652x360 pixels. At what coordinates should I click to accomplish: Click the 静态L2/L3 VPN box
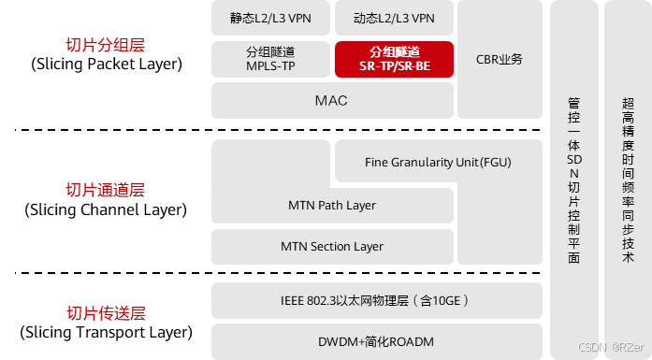pyautogui.click(x=271, y=18)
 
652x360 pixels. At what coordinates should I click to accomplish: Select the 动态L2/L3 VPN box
pyautogui.click(x=394, y=18)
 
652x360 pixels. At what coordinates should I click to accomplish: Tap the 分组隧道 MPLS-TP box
pyautogui.click(x=271, y=59)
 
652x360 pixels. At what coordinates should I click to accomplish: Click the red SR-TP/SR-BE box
pyautogui.click(x=394, y=59)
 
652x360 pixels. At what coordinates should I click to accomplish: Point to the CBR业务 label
pyautogui.click(x=499, y=60)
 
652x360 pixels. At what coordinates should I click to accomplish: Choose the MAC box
pyautogui.click(x=332, y=101)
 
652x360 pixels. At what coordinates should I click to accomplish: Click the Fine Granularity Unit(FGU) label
pyautogui.click(x=438, y=163)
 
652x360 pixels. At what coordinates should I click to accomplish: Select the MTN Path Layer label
pyautogui.click(x=332, y=205)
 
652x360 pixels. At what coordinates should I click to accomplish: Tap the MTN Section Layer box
pyautogui.click(x=332, y=247)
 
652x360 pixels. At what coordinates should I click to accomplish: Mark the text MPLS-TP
pyautogui.click(x=271, y=67)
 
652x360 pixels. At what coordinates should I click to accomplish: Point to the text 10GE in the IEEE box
pyautogui.click(x=446, y=300)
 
